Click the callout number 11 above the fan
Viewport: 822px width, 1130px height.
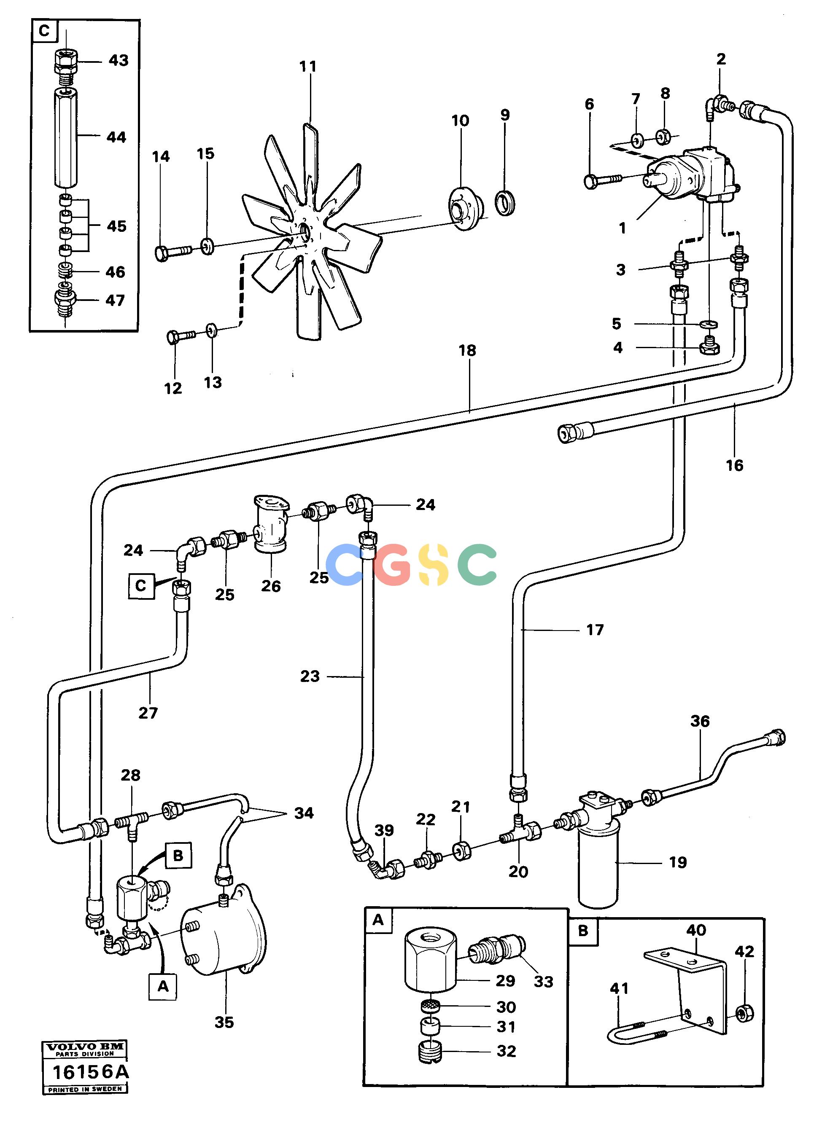[308, 66]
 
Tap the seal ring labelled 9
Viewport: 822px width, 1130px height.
[505, 202]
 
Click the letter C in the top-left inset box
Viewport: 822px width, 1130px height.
[44, 31]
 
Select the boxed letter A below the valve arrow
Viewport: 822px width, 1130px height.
[163, 986]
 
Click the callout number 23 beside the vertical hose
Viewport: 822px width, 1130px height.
[310, 676]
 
